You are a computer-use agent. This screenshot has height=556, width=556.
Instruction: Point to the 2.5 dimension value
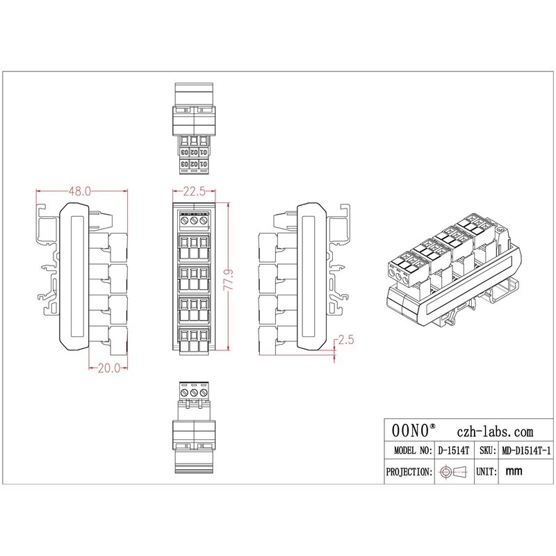[x=345, y=341]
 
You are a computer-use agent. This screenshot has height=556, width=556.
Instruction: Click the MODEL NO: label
[x=409, y=450]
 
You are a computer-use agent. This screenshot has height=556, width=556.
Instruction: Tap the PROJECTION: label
[x=409, y=472]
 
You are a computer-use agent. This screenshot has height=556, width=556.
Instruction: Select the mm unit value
[x=514, y=472]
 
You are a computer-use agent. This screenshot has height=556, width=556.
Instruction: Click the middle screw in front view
[x=194, y=221]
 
